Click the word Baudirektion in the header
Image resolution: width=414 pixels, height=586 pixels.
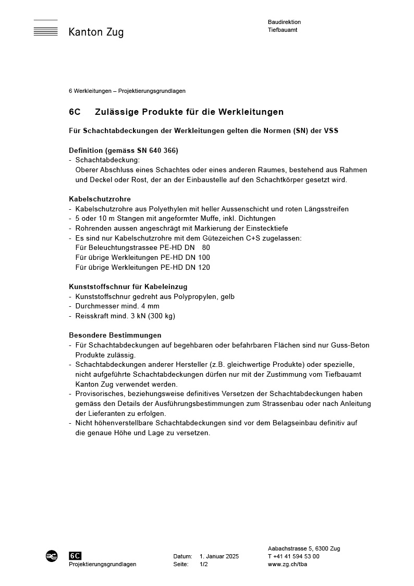point(284,22)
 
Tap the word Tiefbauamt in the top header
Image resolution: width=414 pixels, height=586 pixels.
point(283,30)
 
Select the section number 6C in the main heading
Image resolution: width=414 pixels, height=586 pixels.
point(75,112)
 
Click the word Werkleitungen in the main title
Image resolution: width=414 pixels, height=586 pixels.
point(251,112)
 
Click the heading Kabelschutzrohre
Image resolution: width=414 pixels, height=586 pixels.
point(100,199)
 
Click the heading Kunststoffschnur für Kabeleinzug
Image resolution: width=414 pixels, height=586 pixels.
point(128,286)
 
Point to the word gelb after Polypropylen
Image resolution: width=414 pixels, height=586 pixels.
point(227,296)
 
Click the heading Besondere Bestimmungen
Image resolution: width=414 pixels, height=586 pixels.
point(115,335)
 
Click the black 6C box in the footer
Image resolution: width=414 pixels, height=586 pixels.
point(75,556)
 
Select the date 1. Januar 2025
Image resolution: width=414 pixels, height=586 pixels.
point(219,556)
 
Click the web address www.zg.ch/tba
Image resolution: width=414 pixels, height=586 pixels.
point(287,564)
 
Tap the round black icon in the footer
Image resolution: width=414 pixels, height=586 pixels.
point(52,556)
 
